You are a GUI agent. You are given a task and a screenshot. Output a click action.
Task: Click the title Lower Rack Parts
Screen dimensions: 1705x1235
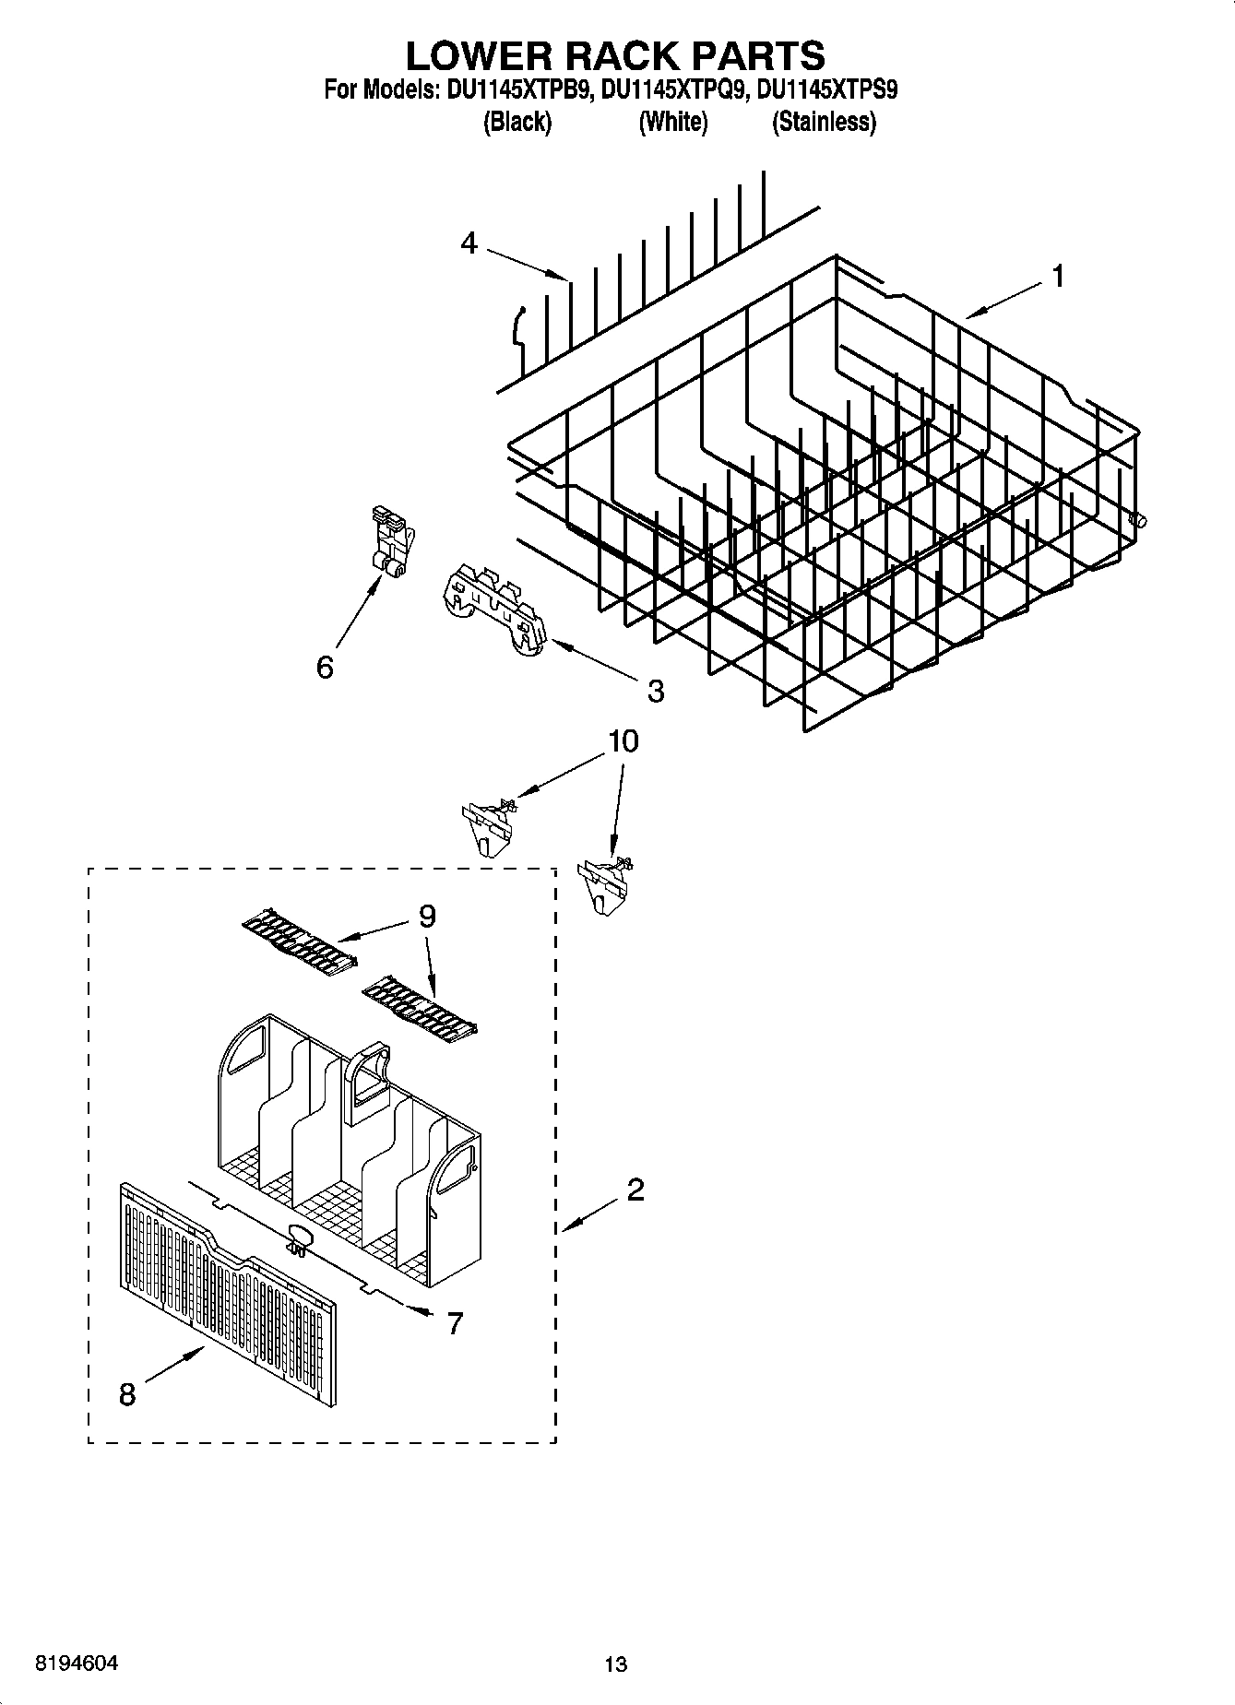[615, 56]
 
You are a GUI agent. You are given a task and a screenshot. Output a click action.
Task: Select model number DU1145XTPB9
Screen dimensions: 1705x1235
[519, 90]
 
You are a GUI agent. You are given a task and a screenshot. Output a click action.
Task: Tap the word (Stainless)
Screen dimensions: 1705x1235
[824, 122]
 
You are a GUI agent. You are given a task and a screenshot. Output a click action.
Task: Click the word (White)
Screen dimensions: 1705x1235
[672, 122]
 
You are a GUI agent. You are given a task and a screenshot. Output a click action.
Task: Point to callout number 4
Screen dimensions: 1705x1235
[469, 243]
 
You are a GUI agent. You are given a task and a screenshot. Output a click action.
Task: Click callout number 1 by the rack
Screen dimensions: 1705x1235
[1058, 276]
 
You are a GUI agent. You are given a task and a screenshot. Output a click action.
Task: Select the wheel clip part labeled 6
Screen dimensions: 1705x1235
[391, 543]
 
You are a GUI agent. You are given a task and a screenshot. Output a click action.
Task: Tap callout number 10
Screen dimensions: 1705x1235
[623, 741]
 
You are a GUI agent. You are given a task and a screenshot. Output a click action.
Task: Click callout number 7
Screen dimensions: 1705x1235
[454, 1323]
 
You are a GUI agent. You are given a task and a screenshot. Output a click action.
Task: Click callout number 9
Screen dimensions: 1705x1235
[427, 916]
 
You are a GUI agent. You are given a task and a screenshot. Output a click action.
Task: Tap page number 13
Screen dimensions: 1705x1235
[615, 1664]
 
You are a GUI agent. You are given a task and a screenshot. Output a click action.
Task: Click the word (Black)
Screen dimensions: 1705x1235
[517, 122]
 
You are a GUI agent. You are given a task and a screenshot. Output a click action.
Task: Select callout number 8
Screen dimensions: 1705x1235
[127, 1394]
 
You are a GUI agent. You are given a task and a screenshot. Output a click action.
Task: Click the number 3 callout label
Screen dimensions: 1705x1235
[655, 691]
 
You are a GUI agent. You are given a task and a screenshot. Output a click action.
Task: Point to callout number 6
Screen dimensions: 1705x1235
[325, 667]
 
